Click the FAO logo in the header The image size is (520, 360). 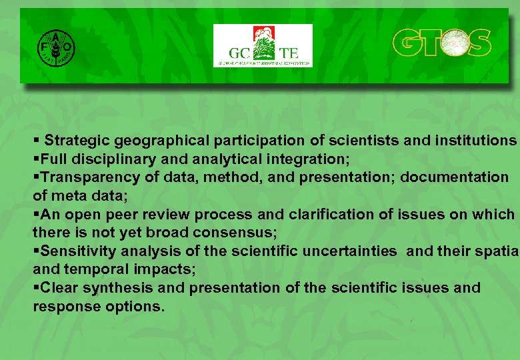click(55, 46)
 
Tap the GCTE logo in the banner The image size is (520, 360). click(263, 46)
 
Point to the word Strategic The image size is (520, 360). click(77, 141)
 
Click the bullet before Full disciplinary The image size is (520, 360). click(37, 159)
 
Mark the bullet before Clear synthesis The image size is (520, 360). click(37, 288)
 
